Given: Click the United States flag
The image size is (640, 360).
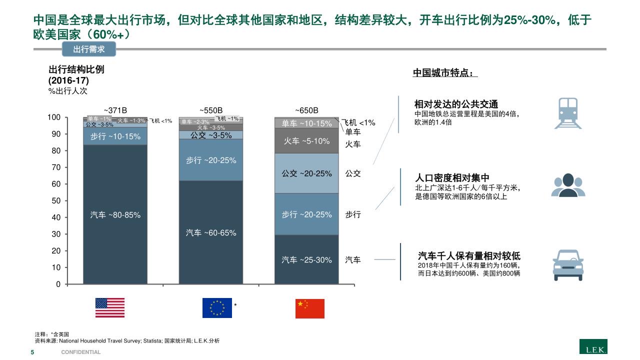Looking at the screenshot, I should pyautogui.click(x=110, y=308).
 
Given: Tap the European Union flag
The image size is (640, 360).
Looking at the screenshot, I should pyautogui.click(x=217, y=308).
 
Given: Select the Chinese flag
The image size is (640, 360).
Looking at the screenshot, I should pyautogui.click(x=310, y=308).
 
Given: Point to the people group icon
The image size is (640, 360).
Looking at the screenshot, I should pyautogui.click(x=568, y=185).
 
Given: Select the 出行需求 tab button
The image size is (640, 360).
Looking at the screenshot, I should pyautogui.click(x=89, y=49).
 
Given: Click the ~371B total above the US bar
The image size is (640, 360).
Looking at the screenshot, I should pyautogui.click(x=115, y=110).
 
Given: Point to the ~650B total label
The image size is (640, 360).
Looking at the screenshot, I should pyautogui.click(x=306, y=110).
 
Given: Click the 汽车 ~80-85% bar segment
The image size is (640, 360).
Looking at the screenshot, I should pyautogui.click(x=115, y=215).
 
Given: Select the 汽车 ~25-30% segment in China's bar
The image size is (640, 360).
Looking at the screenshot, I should pyautogui.click(x=306, y=259).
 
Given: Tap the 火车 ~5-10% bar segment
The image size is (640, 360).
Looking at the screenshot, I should pyautogui.click(x=306, y=141).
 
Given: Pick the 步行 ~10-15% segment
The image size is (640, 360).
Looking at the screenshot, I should pyautogui.click(x=115, y=136).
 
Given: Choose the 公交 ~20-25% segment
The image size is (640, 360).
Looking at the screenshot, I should pyautogui.click(x=306, y=173).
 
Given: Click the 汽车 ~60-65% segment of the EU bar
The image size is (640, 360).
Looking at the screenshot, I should pyautogui.click(x=211, y=232).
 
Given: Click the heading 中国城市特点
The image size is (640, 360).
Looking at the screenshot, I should pyautogui.click(x=445, y=73).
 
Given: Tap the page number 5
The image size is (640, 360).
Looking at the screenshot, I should pyautogui.click(x=32, y=352).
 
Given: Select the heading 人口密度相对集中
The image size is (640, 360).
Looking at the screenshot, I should pyautogui.click(x=452, y=178).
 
